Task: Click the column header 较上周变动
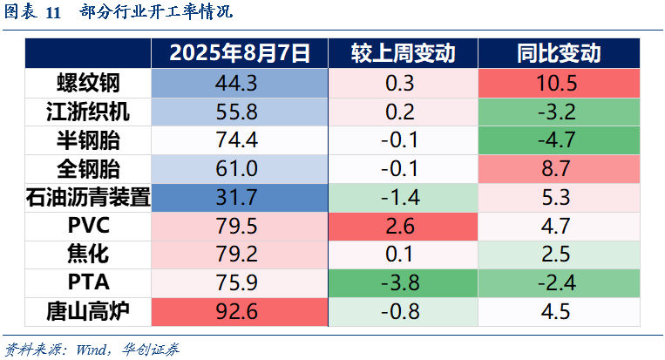(403, 53)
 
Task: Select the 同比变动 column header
(559, 53)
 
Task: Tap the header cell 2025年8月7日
(240, 53)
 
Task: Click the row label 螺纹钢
(88, 83)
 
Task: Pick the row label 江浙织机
(88, 112)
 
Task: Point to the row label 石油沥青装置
(88, 198)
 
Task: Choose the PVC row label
(89, 226)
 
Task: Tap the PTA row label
(89, 282)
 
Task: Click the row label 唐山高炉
(88, 312)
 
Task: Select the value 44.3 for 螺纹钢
(236, 83)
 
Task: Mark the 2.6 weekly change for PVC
(400, 226)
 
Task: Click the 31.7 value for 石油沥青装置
(236, 198)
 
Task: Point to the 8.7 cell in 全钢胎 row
(555, 169)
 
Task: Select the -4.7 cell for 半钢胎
(556, 140)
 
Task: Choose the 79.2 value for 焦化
(236, 255)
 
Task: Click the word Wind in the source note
(92, 350)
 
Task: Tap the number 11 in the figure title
(53, 12)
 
